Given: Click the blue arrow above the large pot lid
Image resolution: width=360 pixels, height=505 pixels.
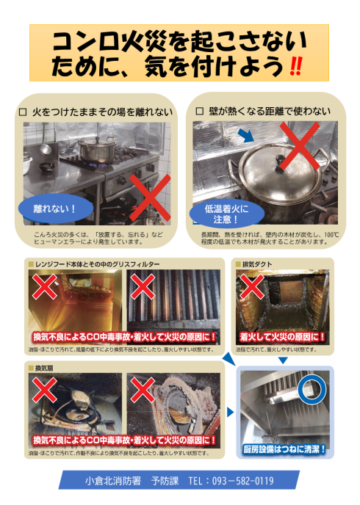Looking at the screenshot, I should tap(248, 137).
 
